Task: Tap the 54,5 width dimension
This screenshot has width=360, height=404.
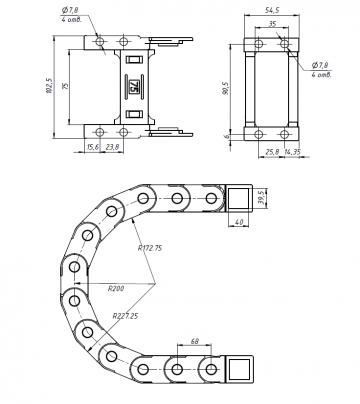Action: (x=271, y=9)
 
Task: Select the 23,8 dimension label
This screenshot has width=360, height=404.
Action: (x=113, y=146)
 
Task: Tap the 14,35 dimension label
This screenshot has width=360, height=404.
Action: (x=294, y=152)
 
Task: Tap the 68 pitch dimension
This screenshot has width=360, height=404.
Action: (x=193, y=342)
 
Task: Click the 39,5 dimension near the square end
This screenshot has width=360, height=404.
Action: (x=262, y=195)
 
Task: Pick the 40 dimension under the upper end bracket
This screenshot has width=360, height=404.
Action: (x=239, y=223)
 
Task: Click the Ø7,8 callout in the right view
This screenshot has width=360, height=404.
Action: (x=320, y=69)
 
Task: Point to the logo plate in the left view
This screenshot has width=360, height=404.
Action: (x=126, y=87)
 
